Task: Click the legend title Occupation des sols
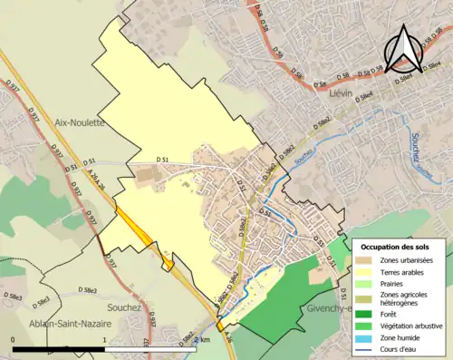click(395, 247)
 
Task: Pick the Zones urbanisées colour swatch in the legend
click(365, 260)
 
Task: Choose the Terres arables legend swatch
click(365, 272)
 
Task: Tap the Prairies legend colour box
click(365, 284)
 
